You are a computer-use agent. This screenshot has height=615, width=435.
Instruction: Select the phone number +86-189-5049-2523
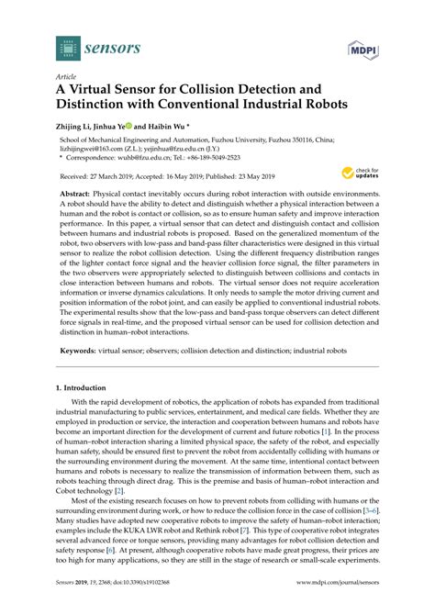[215, 157]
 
